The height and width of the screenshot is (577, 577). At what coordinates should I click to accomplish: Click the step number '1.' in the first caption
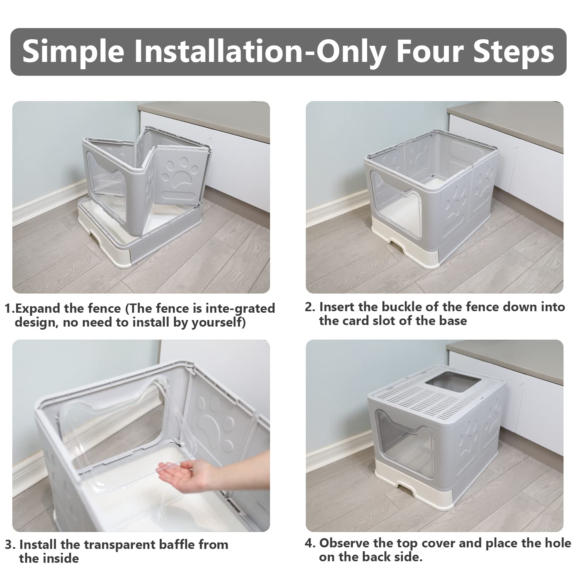click(x=10, y=309)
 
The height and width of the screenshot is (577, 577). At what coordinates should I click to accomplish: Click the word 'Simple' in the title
click(x=73, y=52)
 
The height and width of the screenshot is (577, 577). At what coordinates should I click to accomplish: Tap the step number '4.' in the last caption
click(x=310, y=543)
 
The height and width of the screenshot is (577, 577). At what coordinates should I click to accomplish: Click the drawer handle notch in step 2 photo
click(x=396, y=246)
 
